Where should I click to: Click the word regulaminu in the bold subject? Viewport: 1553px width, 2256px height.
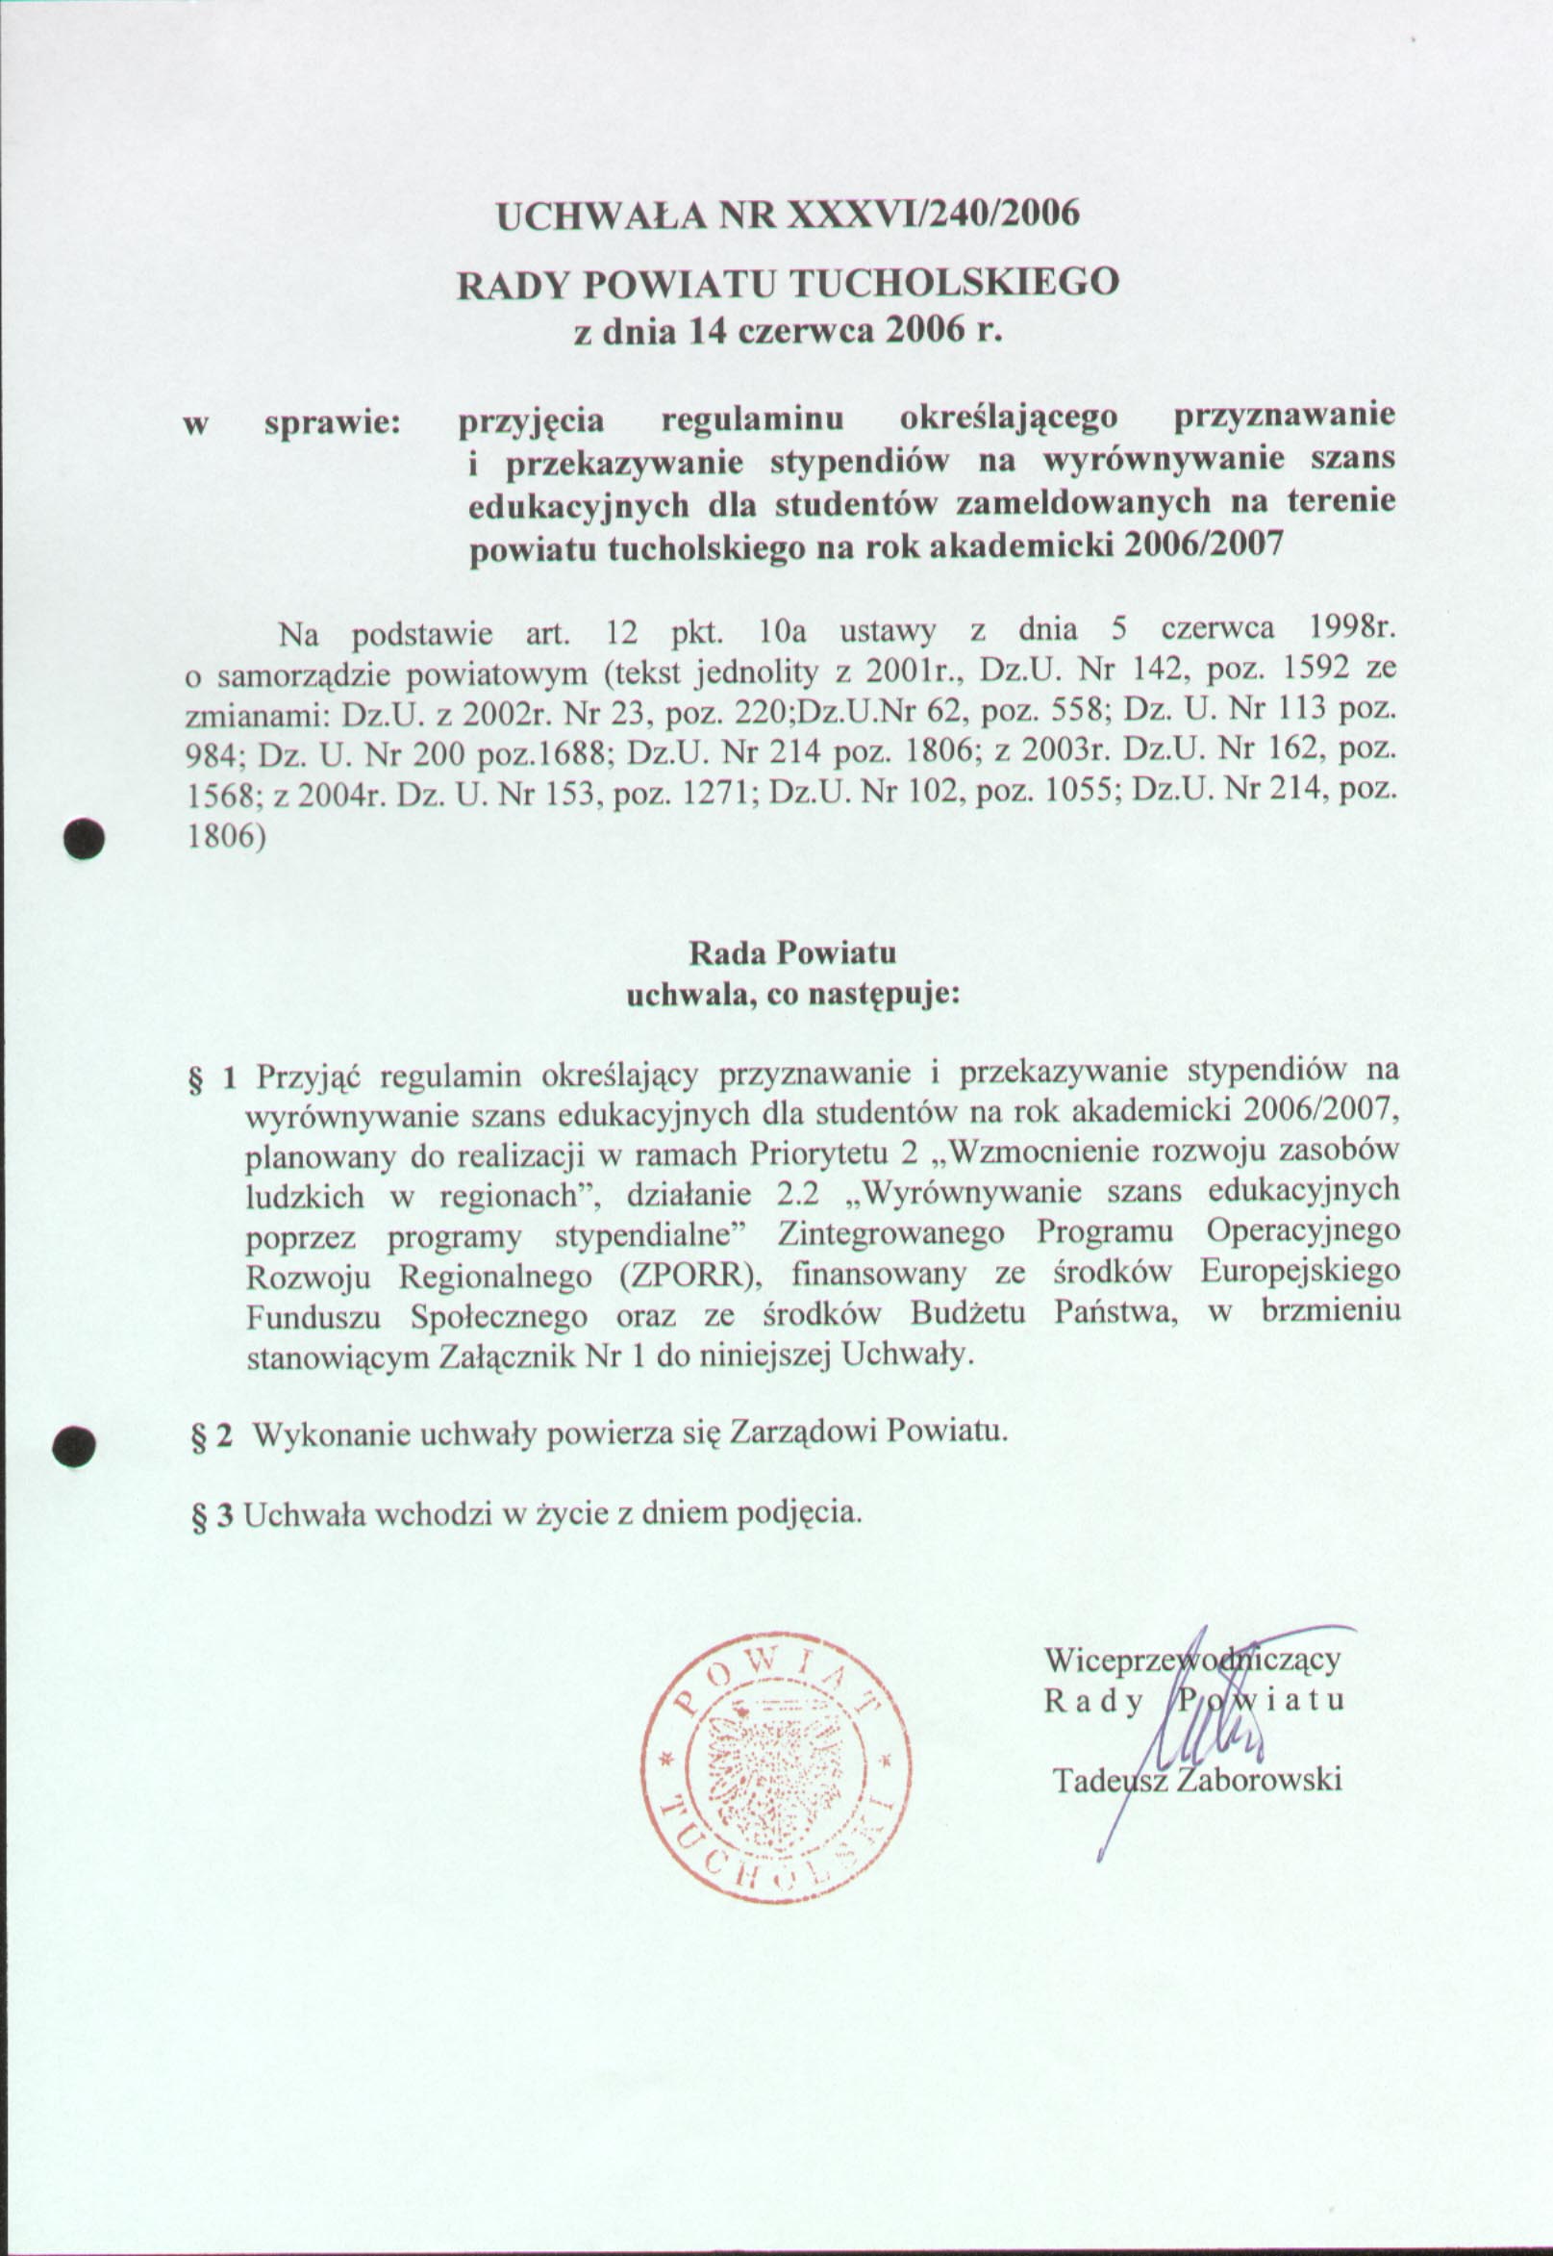[x=752, y=419]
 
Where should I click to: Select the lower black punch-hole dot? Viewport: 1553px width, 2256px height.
[x=74, y=1445]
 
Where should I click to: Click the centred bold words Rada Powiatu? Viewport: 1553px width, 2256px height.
[x=792, y=952]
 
